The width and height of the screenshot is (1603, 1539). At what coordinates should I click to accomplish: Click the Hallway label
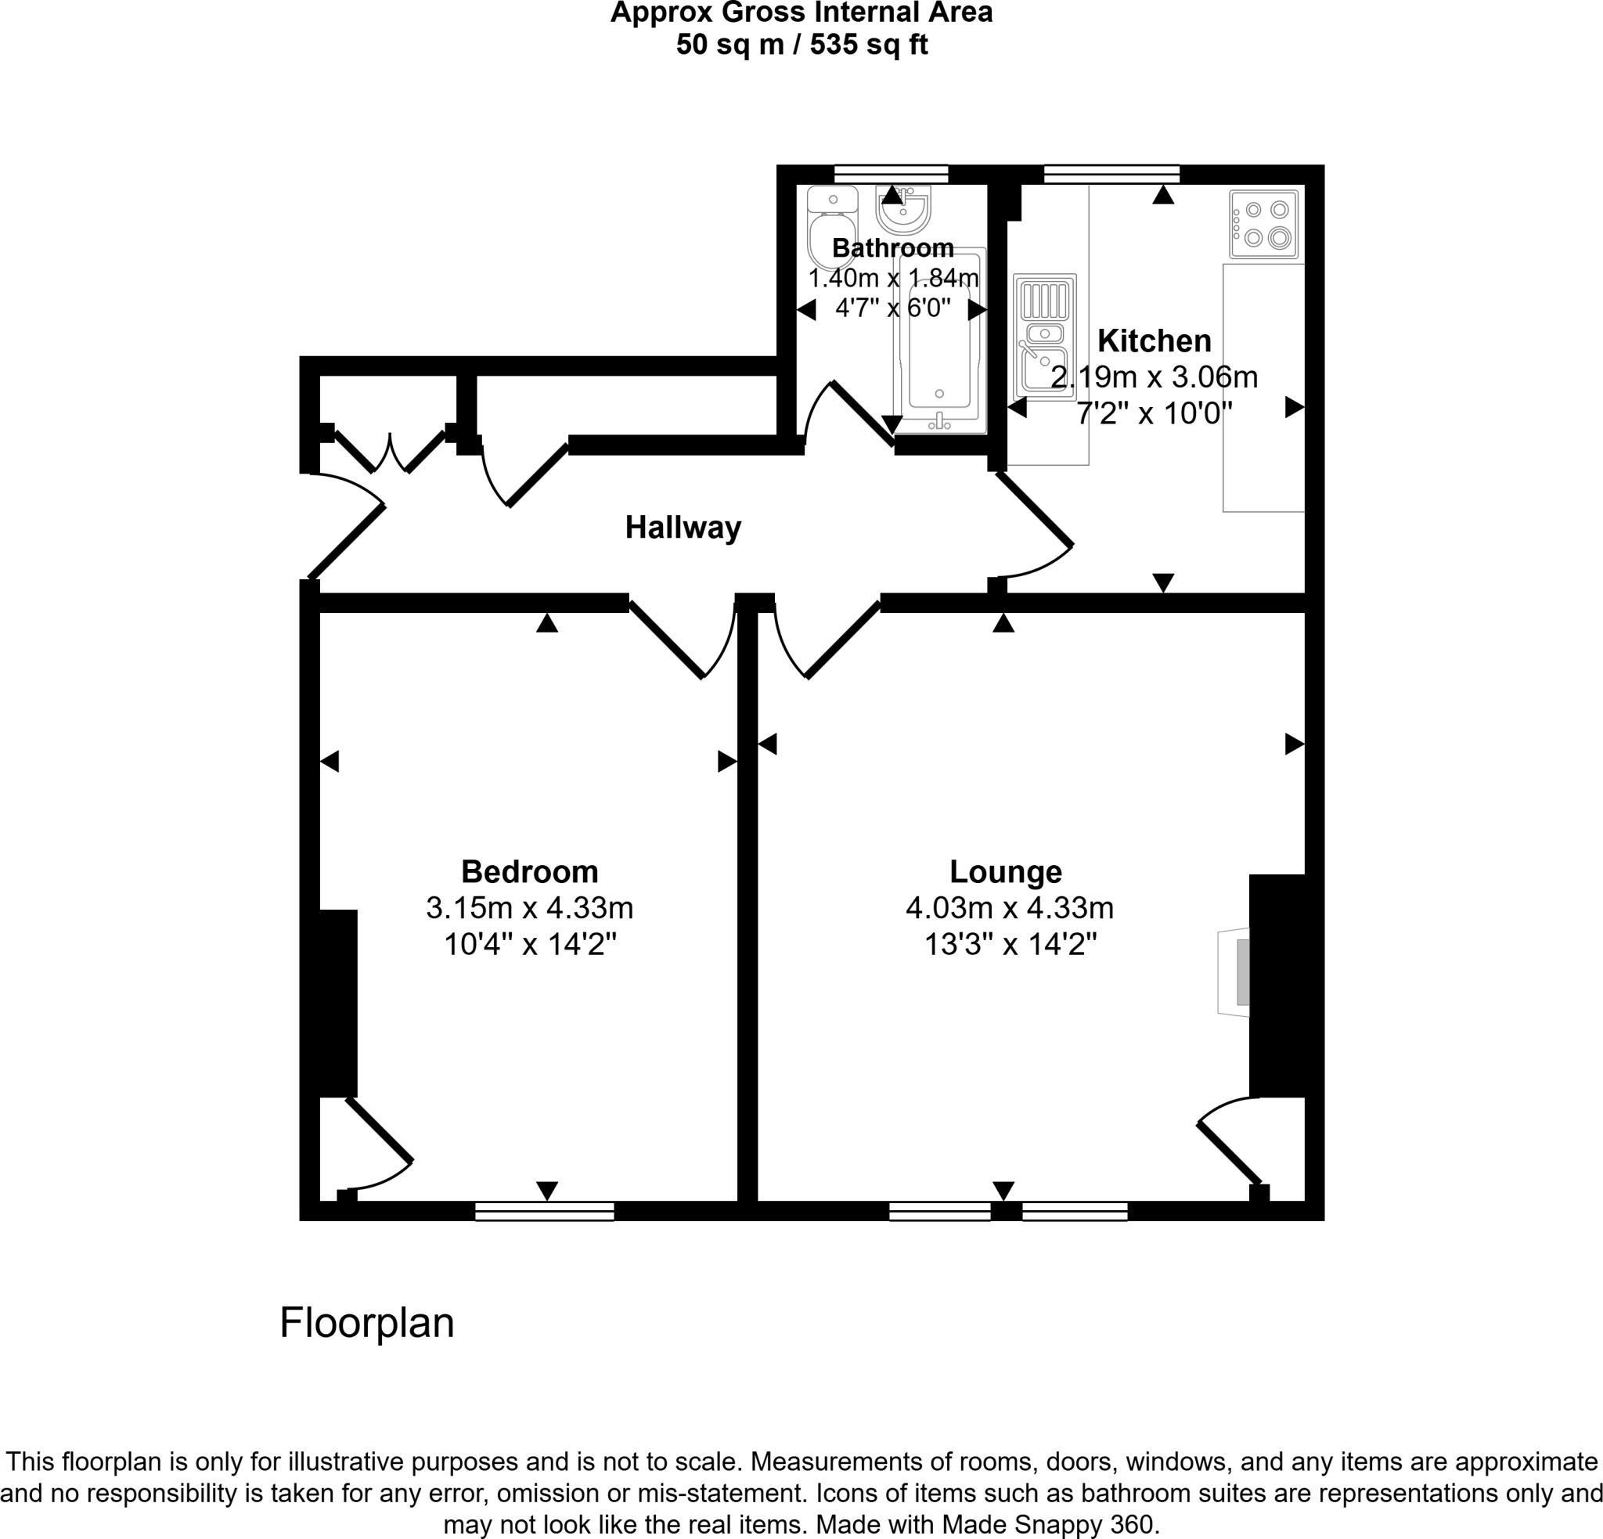point(683,528)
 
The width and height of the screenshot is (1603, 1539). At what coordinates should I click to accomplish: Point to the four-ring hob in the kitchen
point(1263,224)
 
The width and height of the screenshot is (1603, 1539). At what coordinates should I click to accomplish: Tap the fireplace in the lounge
point(1235,972)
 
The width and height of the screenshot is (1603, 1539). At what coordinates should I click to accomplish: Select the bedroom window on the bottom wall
point(545,1211)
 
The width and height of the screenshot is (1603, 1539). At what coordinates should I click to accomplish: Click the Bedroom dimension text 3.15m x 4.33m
point(529,908)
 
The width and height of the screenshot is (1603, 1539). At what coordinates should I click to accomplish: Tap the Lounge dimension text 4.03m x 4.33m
point(1009,908)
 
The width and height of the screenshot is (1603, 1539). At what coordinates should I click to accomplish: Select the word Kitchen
point(1154,341)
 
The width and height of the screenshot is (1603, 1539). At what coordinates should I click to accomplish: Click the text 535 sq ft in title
point(869,44)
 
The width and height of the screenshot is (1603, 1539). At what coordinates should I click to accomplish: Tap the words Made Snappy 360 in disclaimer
point(1048,1524)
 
